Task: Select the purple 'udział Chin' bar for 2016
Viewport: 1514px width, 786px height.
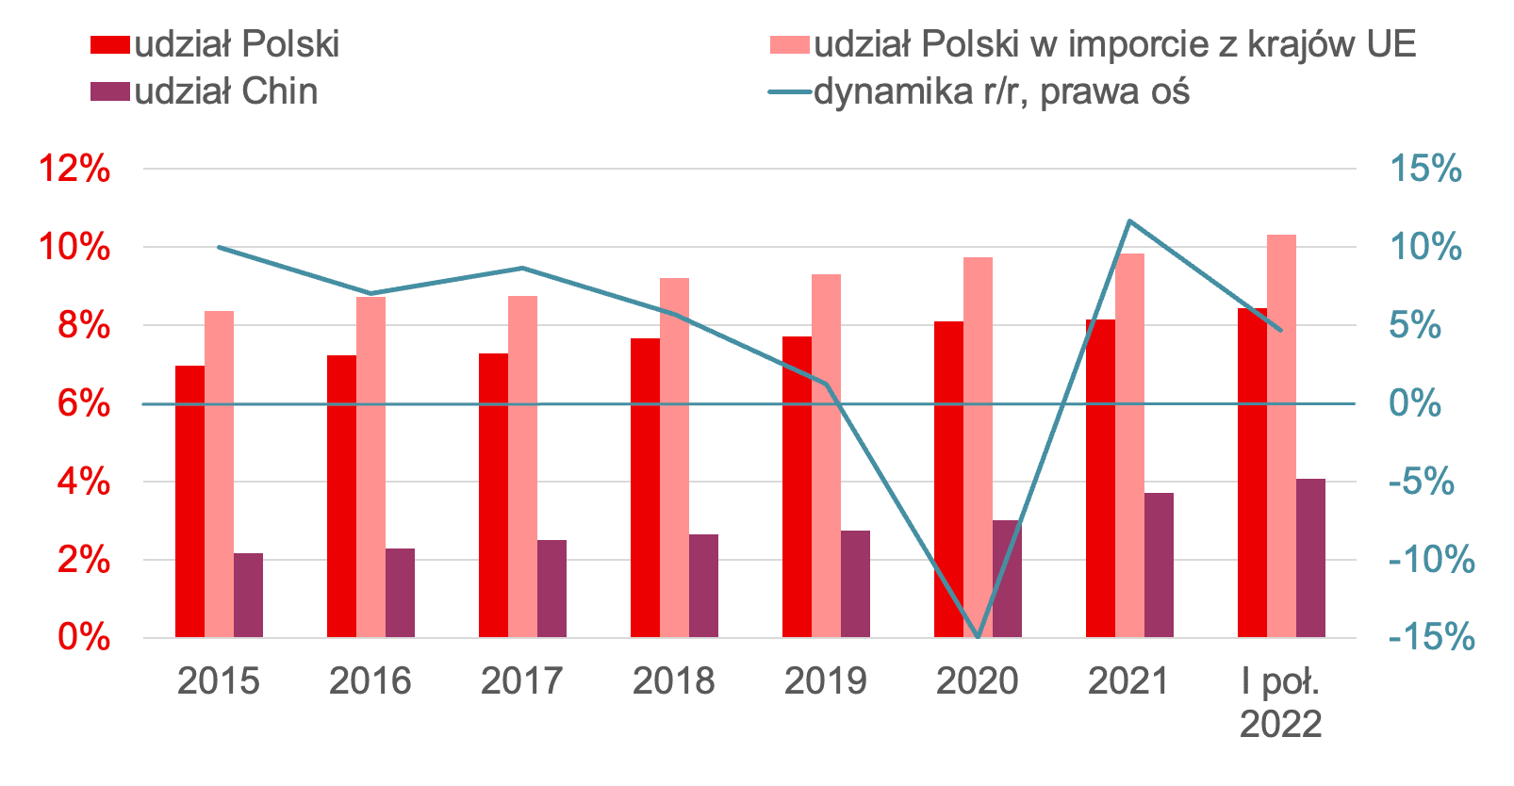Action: pyautogui.click(x=400, y=593)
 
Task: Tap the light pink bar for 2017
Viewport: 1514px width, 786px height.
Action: pyautogui.click(x=522, y=467)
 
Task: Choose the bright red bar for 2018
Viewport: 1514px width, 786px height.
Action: pyautogui.click(x=645, y=487)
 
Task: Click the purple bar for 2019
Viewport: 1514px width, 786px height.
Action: pyautogui.click(x=855, y=583)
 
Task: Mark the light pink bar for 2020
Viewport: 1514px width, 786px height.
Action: pyautogui.click(x=978, y=447)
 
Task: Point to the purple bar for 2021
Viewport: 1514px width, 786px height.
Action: pyautogui.click(x=1159, y=565)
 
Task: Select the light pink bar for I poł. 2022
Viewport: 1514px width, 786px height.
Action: pyautogui.click(x=1281, y=435)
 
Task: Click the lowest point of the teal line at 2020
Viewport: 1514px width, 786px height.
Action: pyautogui.click(x=978, y=637)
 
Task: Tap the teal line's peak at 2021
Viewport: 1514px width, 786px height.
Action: pyautogui.click(x=1129, y=221)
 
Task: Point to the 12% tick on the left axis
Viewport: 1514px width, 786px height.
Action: pyautogui.click(x=74, y=170)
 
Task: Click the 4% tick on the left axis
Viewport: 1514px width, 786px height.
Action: pyautogui.click(x=83, y=482)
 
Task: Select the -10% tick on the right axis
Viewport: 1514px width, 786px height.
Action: pyautogui.click(x=1431, y=560)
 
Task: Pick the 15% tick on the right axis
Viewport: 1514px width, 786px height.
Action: pyautogui.click(x=1425, y=170)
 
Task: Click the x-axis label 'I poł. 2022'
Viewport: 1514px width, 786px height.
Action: pyautogui.click(x=1280, y=702)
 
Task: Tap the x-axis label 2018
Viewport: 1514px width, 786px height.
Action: pyautogui.click(x=673, y=680)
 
